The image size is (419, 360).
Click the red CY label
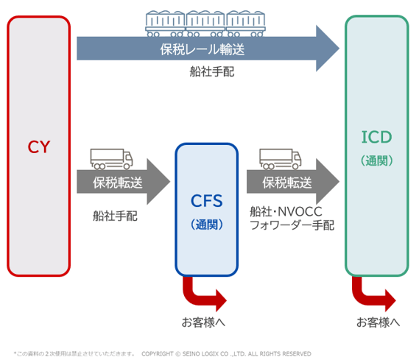[x=38, y=147]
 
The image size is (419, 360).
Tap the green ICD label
[x=376, y=137]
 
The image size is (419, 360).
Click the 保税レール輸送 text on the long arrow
[x=202, y=50]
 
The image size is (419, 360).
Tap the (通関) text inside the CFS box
[x=206, y=224]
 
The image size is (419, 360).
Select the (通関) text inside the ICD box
[x=376, y=160]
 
